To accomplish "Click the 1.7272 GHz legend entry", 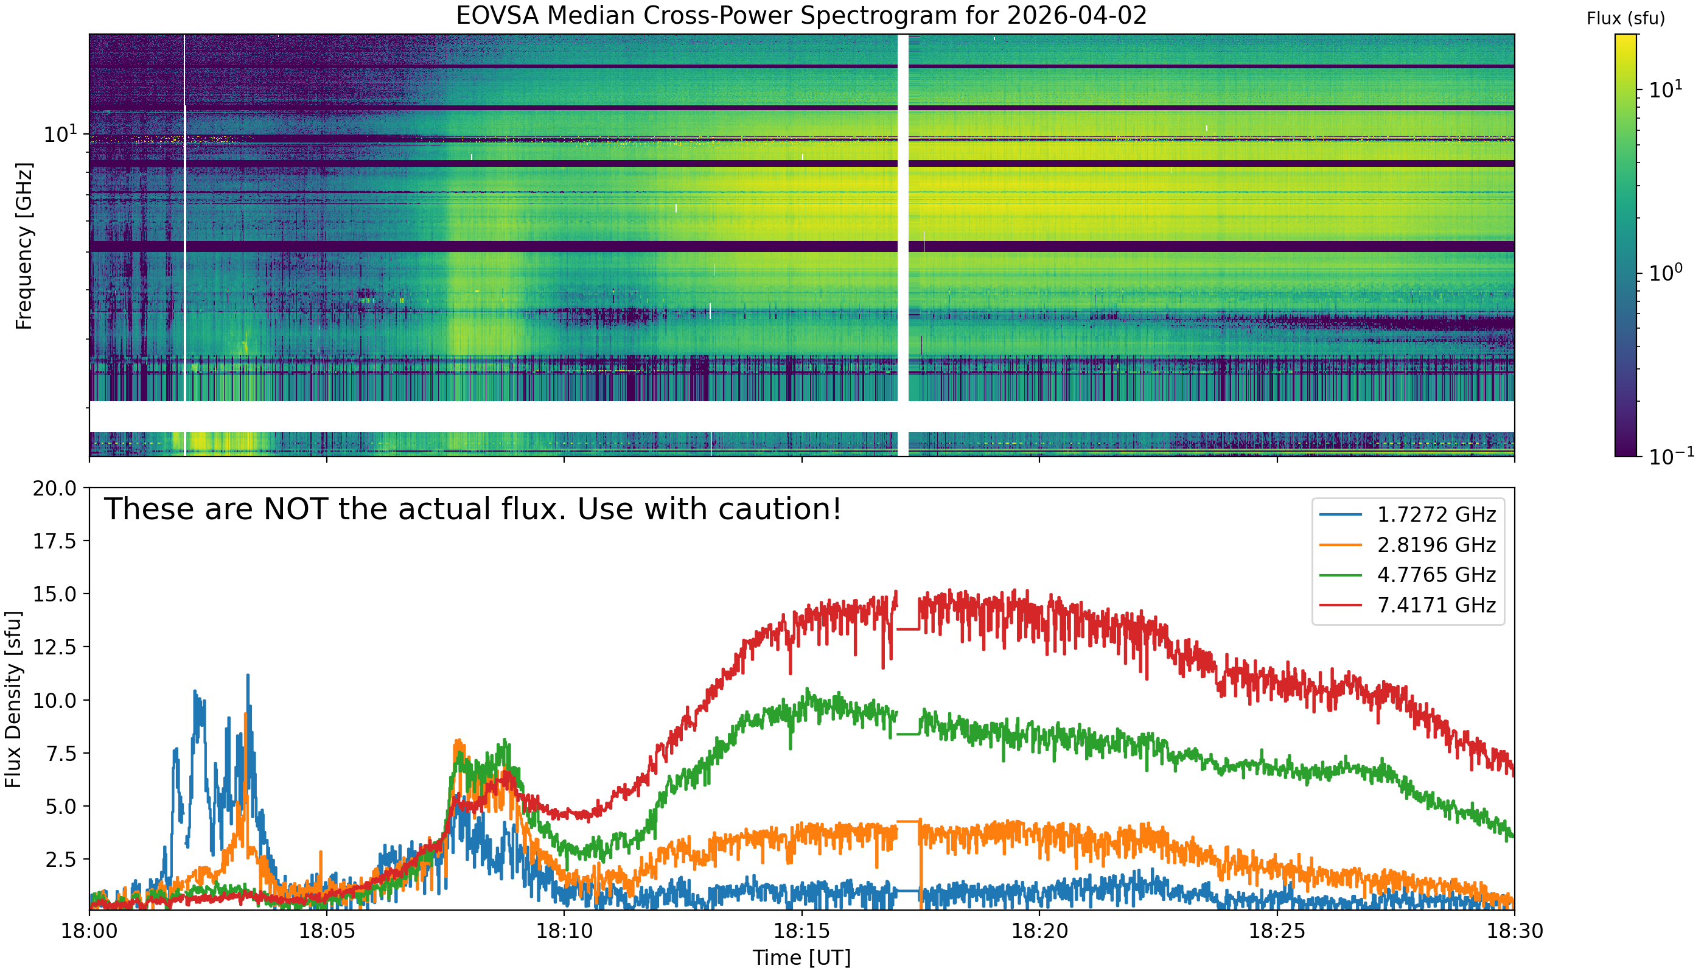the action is tap(1408, 514).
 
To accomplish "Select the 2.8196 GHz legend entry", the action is tap(1408, 545).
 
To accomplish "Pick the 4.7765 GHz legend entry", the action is tap(1408, 575).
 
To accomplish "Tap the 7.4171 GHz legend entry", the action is tap(1408, 604).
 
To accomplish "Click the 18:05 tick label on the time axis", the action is tap(326, 931).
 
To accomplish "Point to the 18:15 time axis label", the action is tap(802, 931).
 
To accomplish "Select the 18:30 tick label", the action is tap(1515, 931).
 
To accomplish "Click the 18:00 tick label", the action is tap(89, 931).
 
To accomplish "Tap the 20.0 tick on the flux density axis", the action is tap(55, 488).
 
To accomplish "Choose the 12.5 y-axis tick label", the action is tap(55, 648).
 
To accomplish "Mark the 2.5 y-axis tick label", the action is tap(60, 860).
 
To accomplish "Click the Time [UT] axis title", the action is tap(802, 958).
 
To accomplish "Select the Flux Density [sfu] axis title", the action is tap(13, 698).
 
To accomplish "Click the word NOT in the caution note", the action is tap(293, 509).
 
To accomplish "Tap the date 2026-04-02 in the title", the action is tap(1077, 15).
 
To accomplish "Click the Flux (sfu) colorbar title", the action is tap(1625, 19).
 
